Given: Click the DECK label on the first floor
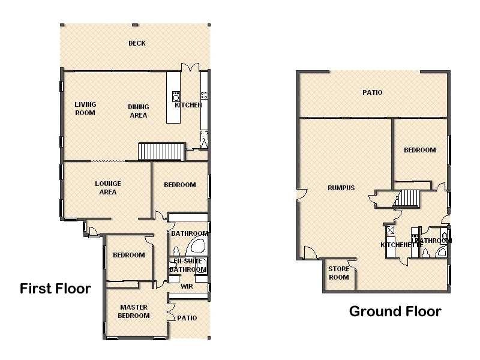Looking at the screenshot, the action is tap(137, 43).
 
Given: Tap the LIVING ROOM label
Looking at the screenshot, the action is tap(85, 109).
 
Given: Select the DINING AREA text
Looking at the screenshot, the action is tap(139, 111).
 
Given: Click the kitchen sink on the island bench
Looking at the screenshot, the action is tap(176, 96).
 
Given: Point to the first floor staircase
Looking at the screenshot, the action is tap(161, 151).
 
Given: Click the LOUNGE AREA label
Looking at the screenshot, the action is tap(108, 188).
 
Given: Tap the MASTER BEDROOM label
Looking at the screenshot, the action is tap(134, 311).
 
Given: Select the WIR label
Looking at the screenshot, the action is tap(187, 287).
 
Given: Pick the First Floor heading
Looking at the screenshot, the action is tap(55, 289).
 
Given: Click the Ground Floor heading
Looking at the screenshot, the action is tap(395, 311).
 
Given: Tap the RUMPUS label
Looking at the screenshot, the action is tap(341, 188).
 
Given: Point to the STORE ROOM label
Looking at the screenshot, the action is tap(338, 273).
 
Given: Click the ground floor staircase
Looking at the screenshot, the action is tap(407, 199).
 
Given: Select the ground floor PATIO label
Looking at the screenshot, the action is tap(372, 92).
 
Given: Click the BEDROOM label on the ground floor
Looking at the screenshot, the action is tap(419, 150).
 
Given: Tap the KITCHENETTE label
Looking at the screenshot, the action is tap(401, 245).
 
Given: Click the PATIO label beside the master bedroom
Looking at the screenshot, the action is tap(187, 318).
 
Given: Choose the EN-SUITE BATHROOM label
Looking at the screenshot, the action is tap(188, 265).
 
